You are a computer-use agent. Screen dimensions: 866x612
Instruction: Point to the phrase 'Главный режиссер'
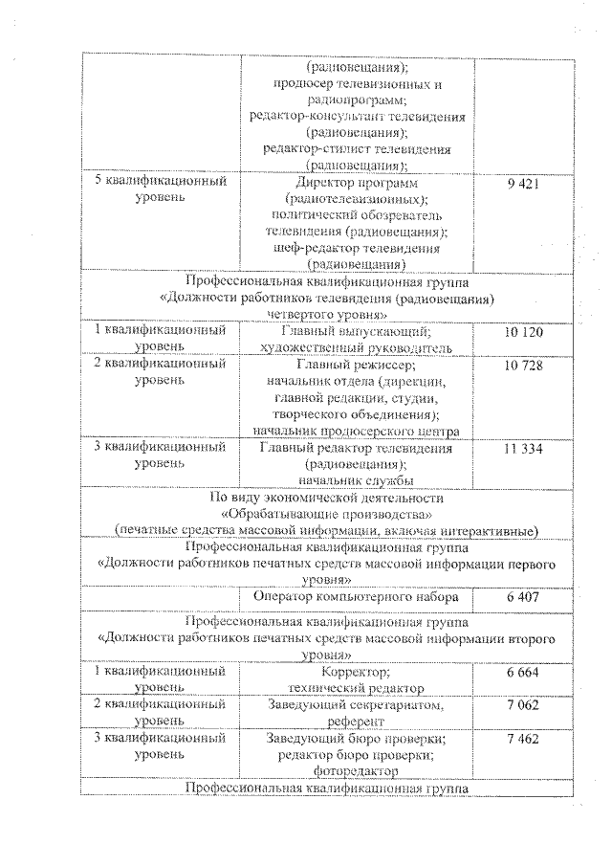coord(355,366)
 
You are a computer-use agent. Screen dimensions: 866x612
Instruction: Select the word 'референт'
coord(355,722)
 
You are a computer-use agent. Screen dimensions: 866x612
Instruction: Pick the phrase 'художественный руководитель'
coord(355,347)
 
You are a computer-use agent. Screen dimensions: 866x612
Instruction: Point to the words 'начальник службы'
coord(355,478)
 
